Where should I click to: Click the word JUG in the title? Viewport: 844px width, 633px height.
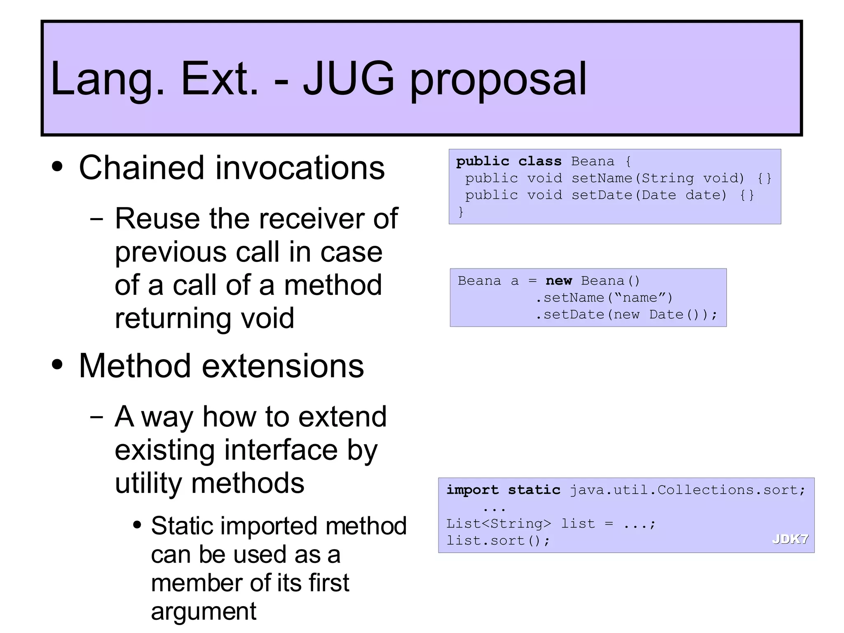[349, 78]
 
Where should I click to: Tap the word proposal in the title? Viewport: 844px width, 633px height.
[498, 80]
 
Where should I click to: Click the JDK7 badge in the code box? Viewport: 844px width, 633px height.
[790, 539]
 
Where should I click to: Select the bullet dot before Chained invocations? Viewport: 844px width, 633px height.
[58, 167]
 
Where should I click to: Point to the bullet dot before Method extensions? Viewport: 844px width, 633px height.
[58, 365]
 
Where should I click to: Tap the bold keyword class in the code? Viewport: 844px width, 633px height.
[539, 161]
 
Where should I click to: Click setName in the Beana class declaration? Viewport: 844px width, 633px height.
[602, 178]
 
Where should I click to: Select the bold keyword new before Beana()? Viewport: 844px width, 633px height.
[558, 281]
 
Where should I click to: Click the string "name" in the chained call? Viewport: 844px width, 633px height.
[640, 298]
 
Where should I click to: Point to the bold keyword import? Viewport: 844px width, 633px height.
[472, 490]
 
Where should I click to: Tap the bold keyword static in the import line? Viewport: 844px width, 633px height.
[534, 490]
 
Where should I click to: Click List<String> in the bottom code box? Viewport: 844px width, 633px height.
[498, 524]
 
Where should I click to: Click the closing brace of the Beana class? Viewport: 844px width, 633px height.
[461, 212]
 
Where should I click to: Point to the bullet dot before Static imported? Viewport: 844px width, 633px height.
[137, 525]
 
